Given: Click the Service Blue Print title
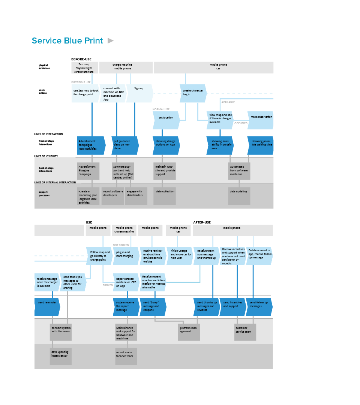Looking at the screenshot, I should tap(67, 41).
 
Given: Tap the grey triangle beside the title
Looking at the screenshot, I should tap(111, 40).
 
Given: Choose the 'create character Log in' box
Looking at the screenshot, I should tap(193, 93).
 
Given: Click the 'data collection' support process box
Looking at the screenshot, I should tap(165, 196).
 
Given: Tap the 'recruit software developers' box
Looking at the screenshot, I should tap(112, 196).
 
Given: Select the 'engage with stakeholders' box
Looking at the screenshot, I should tap(136, 196).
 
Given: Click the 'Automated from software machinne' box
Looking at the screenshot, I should tap(239, 171).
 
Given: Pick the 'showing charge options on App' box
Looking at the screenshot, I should tap(166, 145).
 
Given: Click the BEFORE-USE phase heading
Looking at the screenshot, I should tap(81, 59).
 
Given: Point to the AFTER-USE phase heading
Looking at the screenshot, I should tap(202, 222).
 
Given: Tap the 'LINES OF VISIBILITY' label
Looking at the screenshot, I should tap(46, 156).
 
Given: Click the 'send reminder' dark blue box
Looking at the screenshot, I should tap(47, 307).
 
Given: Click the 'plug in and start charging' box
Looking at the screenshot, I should tap(126, 255).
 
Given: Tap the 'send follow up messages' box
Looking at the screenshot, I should tap(259, 307).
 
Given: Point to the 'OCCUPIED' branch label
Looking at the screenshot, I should tap(241, 123).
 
